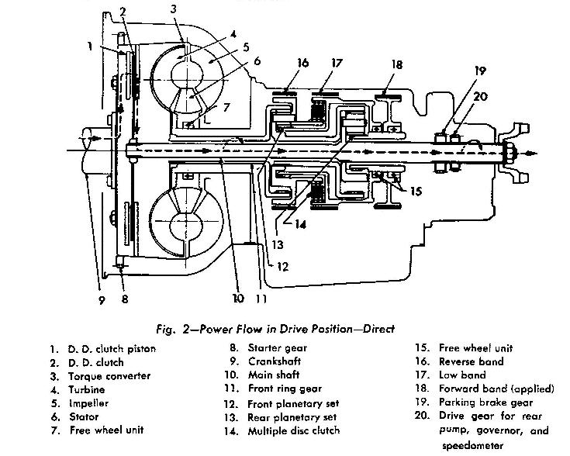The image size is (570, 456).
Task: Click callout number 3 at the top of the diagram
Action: [x=174, y=9]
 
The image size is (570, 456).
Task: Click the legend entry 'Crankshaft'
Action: [x=276, y=361]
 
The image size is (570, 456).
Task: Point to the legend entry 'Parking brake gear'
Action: [x=481, y=402]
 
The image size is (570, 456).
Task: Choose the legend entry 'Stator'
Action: [x=86, y=416]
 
